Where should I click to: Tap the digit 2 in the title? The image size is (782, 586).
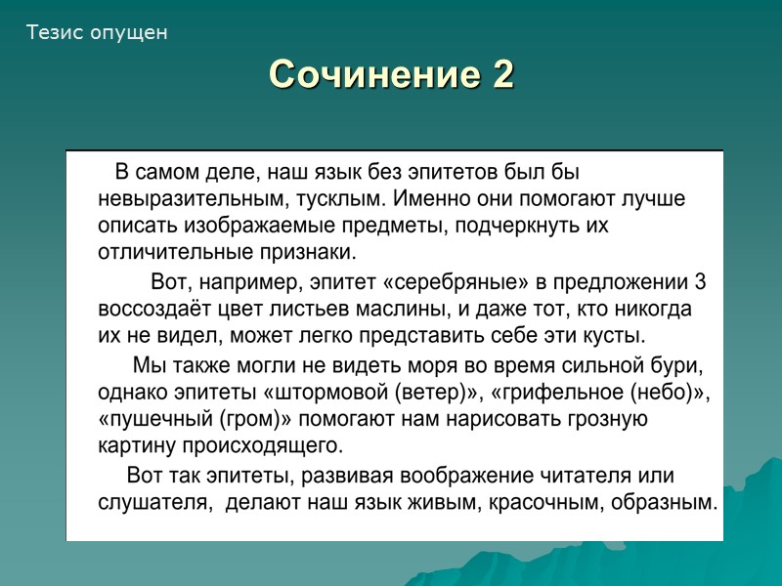tap(502, 74)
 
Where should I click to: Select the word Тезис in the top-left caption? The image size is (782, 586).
tap(56, 32)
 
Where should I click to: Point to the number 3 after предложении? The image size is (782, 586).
tap(699, 283)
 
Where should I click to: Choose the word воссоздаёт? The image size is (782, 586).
tap(150, 311)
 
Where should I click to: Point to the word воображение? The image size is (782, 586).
tap(467, 477)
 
